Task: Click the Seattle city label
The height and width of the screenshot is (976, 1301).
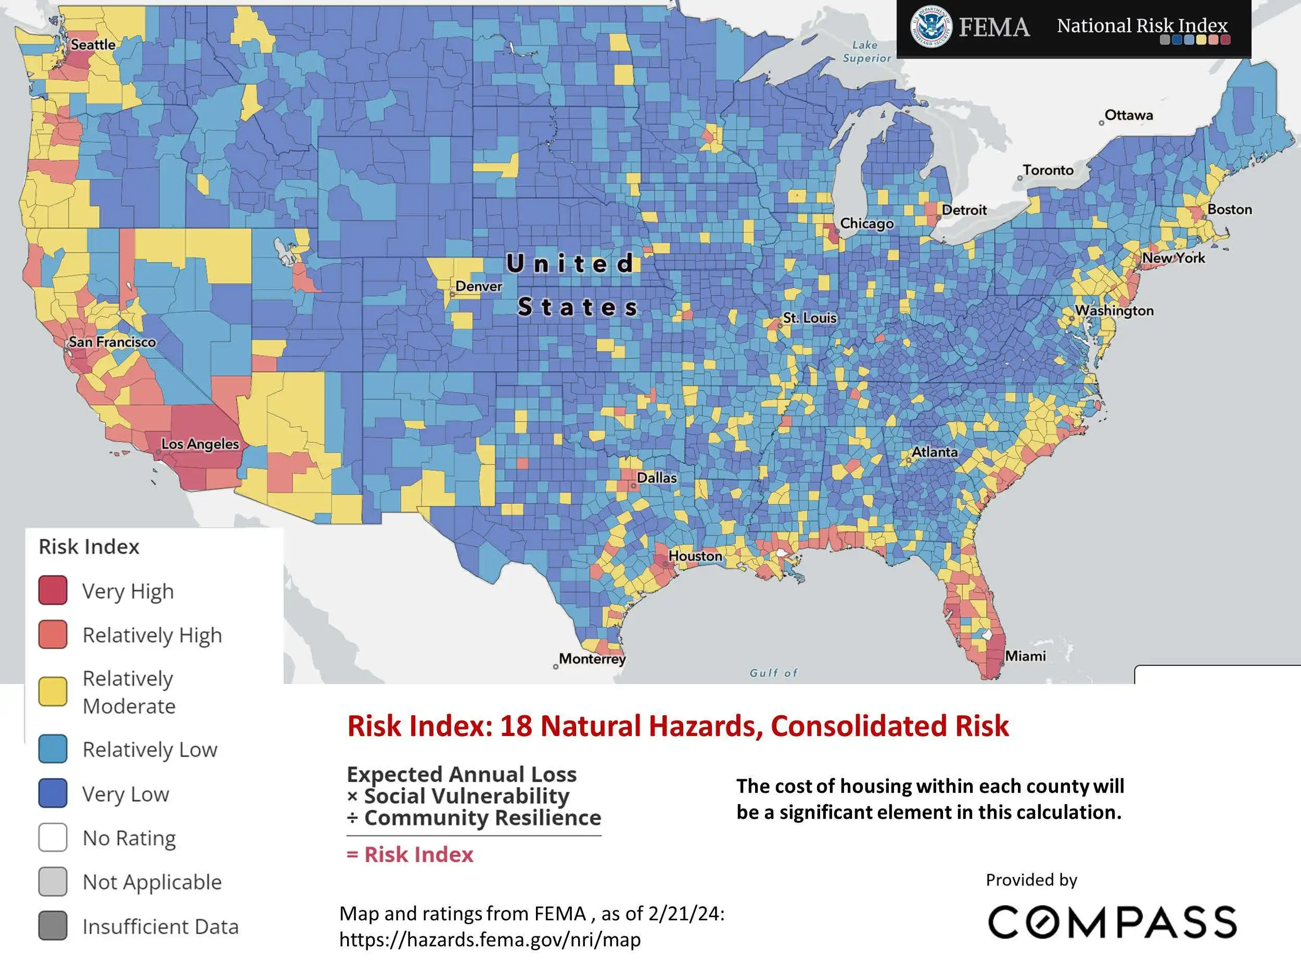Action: point(93,45)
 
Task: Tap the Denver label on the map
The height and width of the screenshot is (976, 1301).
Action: point(478,286)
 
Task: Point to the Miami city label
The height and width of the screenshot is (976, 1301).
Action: point(1025,656)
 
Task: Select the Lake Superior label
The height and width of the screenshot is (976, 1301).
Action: point(866,52)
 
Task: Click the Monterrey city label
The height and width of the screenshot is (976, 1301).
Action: point(592,659)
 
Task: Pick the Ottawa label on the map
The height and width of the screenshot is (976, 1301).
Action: point(1128,116)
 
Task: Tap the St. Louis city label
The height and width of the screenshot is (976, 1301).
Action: point(809,318)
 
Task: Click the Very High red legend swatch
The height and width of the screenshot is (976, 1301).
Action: point(53,591)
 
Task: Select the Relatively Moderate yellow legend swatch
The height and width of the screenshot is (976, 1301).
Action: point(53,691)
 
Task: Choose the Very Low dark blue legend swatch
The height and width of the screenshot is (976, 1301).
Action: point(53,793)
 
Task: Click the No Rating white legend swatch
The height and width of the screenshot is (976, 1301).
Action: point(53,837)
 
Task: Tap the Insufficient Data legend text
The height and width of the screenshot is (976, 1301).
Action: point(160,927)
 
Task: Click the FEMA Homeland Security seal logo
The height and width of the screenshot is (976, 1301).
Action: point(930,27)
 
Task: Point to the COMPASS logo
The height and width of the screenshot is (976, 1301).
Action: point(1112,922)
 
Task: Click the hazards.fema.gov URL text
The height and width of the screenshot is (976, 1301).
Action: point(489,940)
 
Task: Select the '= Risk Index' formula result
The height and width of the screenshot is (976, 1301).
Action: point(410,855)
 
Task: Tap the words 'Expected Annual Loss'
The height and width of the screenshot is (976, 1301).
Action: point(462,774)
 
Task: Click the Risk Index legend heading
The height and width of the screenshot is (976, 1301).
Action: point(89,547)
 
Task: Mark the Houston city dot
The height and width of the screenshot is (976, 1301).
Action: point(666,564)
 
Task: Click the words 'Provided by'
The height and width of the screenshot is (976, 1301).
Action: point(1031,880)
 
